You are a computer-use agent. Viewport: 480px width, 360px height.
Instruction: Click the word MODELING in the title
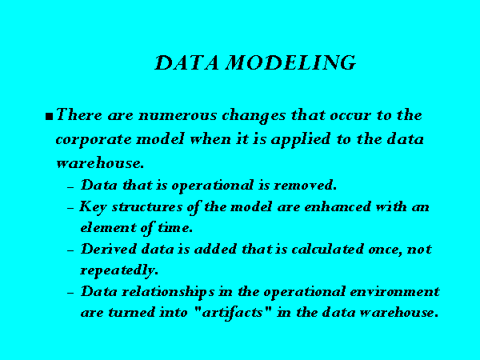(290, 62)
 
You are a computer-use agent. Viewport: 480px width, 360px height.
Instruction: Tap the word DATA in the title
(186, 62)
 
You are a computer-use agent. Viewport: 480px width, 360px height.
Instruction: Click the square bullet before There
(49, 117)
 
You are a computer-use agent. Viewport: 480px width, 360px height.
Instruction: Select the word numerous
(178, 116)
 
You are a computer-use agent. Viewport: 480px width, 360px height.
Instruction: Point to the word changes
(254, 116)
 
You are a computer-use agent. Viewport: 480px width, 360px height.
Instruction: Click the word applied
(300, 139)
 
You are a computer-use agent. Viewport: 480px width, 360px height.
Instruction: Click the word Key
(93, 207)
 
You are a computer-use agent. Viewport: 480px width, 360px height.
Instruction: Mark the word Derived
(108, 249)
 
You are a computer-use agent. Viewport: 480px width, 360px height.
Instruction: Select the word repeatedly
(119, 270)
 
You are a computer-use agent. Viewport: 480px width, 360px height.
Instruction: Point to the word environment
(394, 292)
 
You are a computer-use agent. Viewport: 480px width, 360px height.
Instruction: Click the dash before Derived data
(70, 250)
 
